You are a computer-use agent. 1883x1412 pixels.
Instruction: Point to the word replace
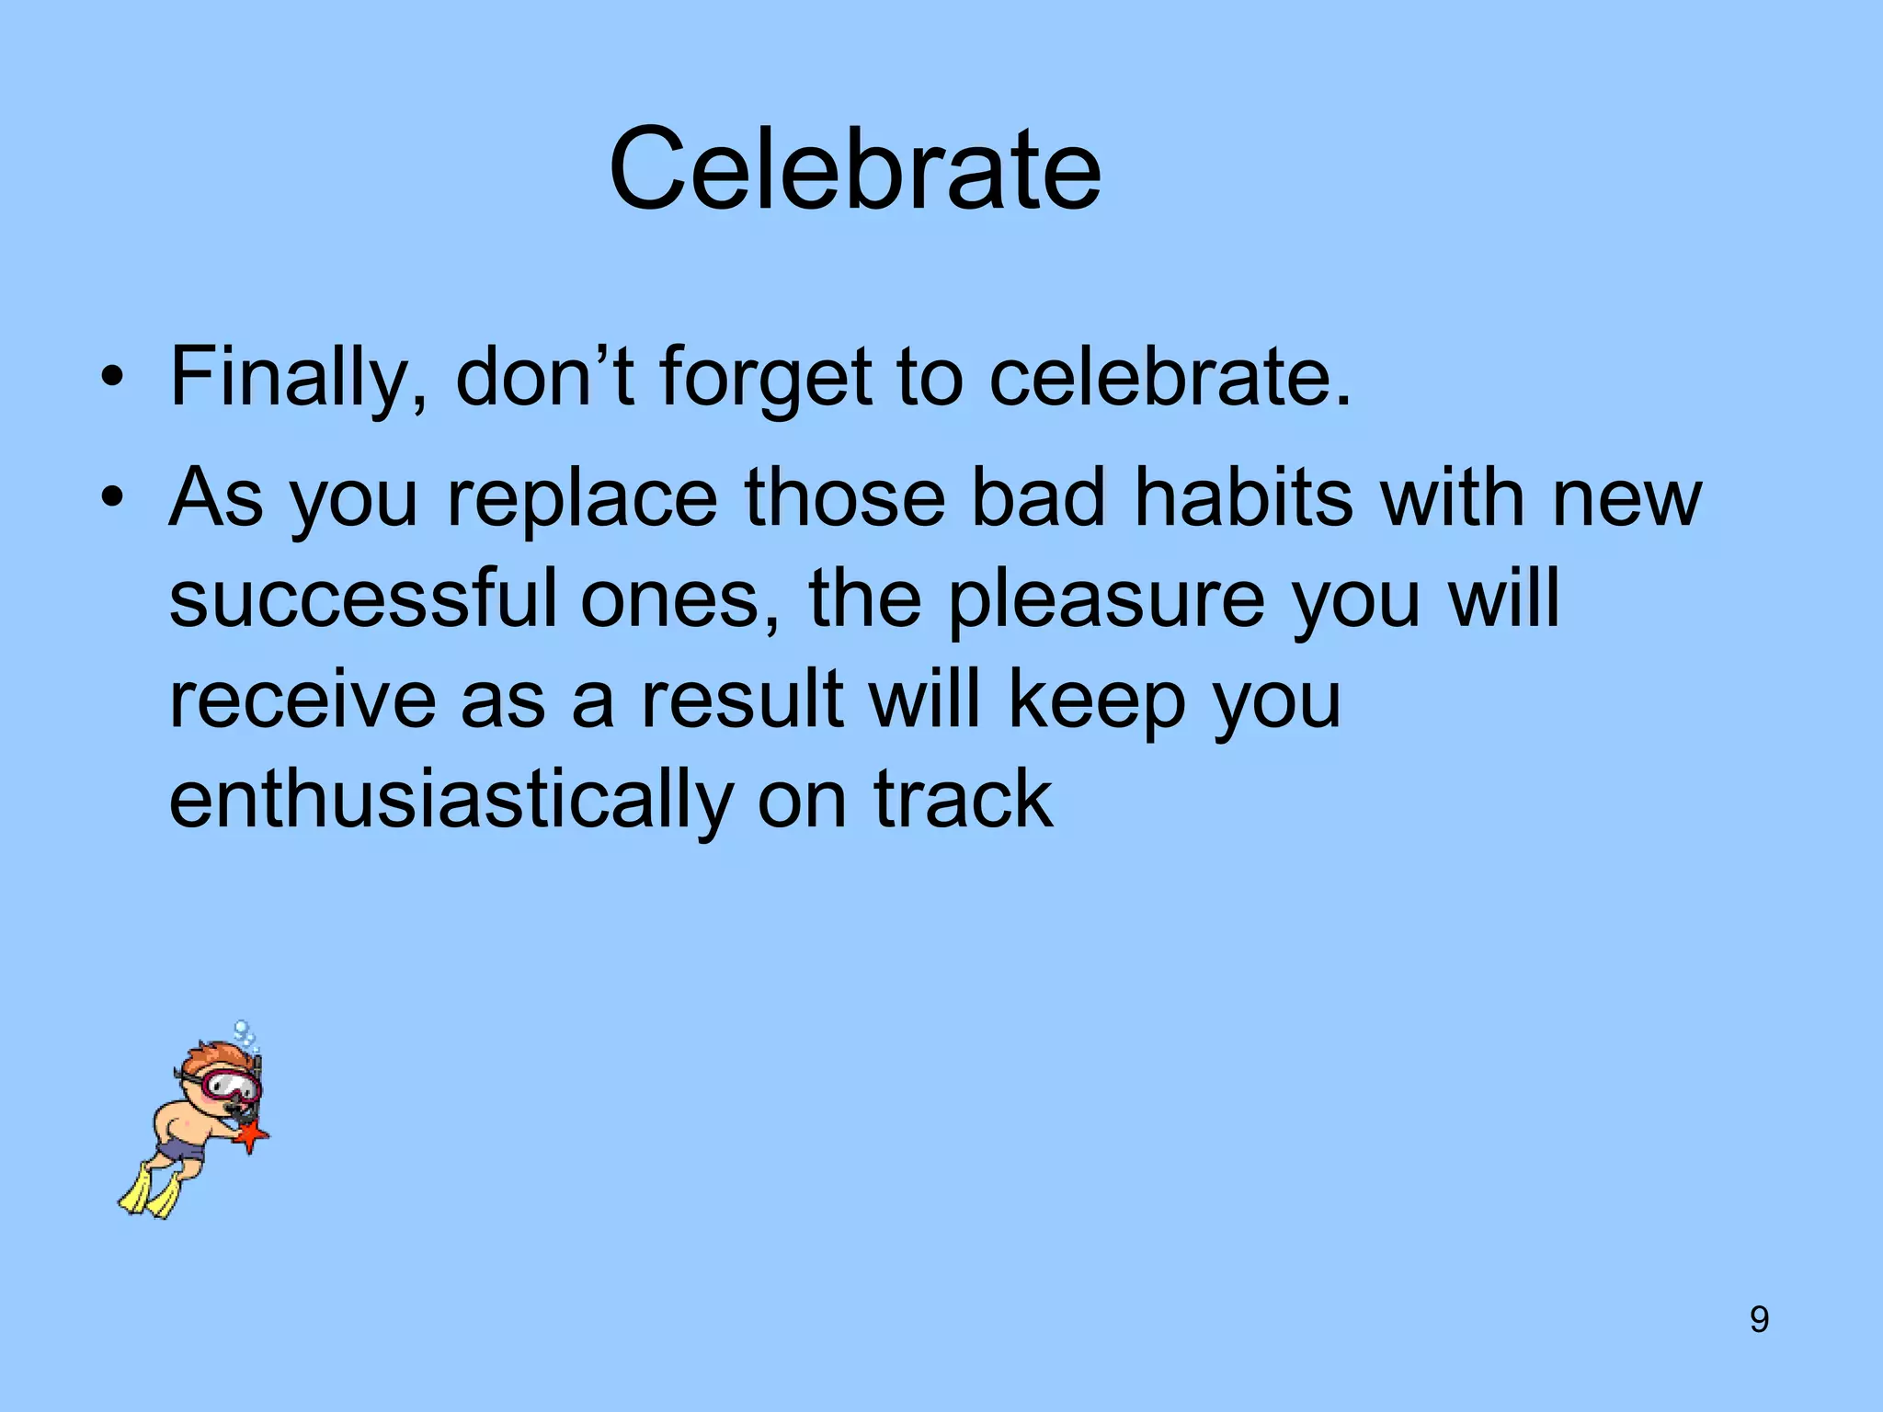(x=581, y=499)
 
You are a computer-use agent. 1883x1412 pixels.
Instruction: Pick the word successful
(x=362, y=599)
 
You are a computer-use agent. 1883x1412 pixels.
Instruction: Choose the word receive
(x=302, y=700)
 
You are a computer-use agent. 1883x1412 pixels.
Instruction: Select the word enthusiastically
(x=450, y=800)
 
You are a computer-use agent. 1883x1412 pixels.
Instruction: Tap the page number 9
(x=1759, y=1319)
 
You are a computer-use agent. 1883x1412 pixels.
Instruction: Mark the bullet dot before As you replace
(x=112, y=499)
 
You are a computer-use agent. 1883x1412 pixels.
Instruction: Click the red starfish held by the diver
(x=250, y=1136)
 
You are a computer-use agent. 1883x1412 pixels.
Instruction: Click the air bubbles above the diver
(x=245, y=1035)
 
